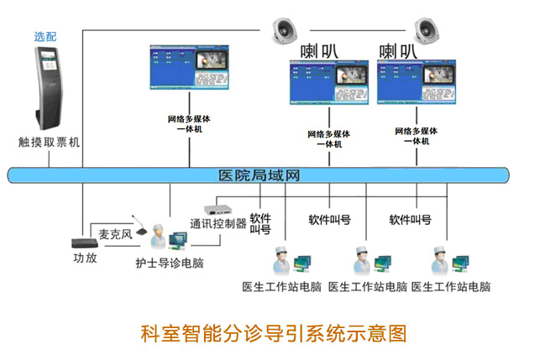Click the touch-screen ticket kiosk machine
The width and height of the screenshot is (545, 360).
click(x=49, y=87)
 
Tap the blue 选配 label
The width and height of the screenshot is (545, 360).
click(x=46, y=37)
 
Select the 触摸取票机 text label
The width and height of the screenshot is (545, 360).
click(x=49, y=143)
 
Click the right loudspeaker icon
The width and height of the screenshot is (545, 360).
click(x=428, y=31)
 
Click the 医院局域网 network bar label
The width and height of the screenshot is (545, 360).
click(x=258, y=176)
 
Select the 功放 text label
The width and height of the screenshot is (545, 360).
click(x=85, y=258)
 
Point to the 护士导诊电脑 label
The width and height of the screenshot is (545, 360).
click(x=170, y=263)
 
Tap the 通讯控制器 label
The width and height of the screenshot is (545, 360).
click(x=218, y=224)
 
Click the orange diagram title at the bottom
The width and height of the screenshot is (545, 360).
click(x=272, y=333)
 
